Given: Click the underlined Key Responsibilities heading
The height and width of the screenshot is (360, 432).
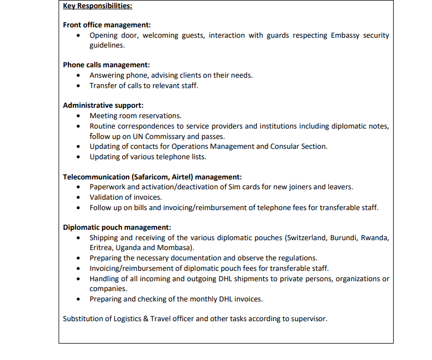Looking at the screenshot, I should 97,7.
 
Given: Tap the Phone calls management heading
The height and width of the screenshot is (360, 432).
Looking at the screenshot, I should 106,65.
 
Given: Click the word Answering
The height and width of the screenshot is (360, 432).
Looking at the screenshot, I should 111,76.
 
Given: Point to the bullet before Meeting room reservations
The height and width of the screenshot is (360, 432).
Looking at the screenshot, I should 79,116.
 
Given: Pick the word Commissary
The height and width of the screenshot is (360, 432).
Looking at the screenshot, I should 166,136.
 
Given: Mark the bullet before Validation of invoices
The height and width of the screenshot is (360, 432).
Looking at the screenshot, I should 79,198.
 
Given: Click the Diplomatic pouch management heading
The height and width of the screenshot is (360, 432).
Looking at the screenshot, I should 117,227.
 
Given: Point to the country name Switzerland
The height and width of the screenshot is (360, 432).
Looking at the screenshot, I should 309,238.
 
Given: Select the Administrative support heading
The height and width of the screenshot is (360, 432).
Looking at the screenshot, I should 103,105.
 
